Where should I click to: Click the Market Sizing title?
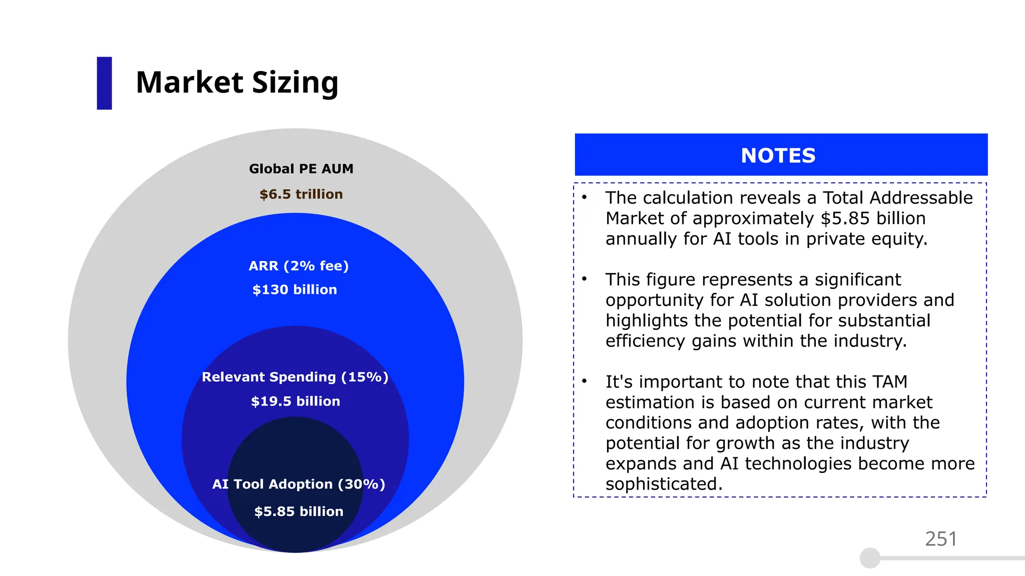(x=237, y=82)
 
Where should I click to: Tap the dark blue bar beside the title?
(x=104, y=83)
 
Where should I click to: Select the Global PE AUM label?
(x=301, y=169)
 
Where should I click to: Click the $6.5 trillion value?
(x=301, y=194)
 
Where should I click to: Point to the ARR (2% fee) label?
(x=298, y=265)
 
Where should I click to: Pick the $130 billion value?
(x=294, y=289)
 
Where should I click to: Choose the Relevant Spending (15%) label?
(x=295, y=377)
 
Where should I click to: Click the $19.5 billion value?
(x=295, y=401)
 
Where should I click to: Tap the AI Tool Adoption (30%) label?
(x=298, y=484)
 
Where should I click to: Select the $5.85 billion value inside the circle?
(x=298, y=511)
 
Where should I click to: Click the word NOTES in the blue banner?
(x=778, y=155)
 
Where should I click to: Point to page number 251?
(x=940, y=539)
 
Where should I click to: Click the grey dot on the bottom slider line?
(x=870, y=558)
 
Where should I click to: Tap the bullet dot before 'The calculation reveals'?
(x=584, y=197)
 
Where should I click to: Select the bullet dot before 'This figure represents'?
(x=584, y=279)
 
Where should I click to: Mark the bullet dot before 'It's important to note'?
(x=584, y=381)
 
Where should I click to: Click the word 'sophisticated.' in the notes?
(x=664, y=484)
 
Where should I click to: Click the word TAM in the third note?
(x=889, y=381)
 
